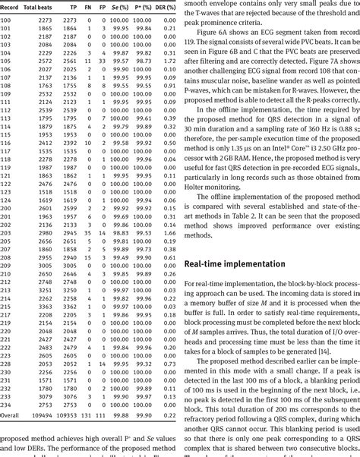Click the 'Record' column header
(10, 7)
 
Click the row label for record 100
(6, 20)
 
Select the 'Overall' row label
(10, 417)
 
